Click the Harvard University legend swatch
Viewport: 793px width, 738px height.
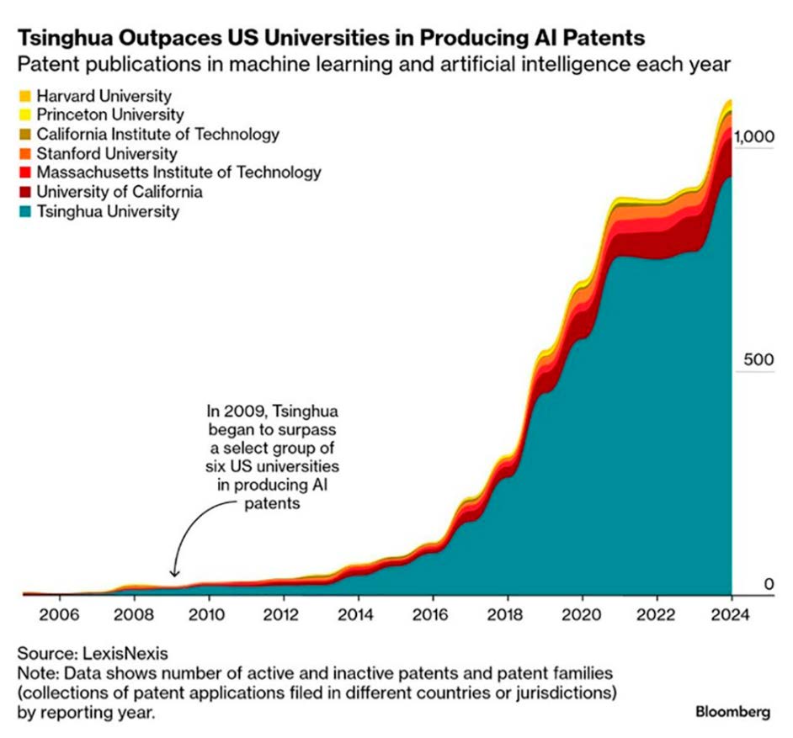(x=24, y=96)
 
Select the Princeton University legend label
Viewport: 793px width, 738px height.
(x=110, y=114)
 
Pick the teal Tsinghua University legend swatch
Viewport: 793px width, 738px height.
(x=24, y=212)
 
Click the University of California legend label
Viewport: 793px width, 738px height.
(x=120, y=192)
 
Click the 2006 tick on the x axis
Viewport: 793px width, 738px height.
(x=60, y=614)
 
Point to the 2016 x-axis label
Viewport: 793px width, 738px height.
(x=433, y=614)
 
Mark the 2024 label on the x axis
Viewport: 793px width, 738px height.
(x=732, y=614)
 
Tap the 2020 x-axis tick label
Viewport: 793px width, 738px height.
(x=583, y=614)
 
